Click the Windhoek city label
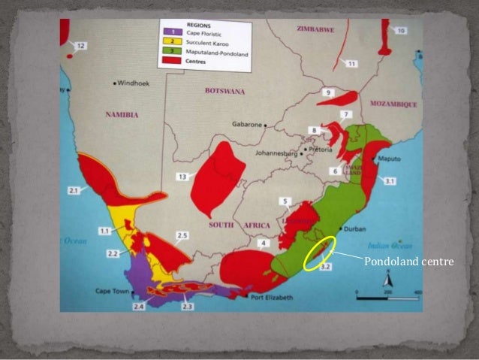pos(133,82)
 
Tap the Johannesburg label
pos(276,153)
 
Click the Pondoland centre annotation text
pos(409,262)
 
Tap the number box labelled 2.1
pos(74,192)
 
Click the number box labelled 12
pos(80,47)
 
